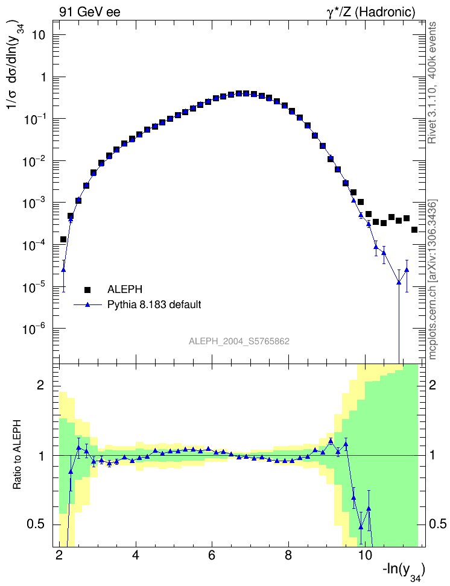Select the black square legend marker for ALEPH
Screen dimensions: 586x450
pos(88,289)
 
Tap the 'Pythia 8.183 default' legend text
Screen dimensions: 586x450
pos(154,304)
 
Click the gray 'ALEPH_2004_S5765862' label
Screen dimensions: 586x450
pos(239,341)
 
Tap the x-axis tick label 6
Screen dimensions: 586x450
pos(212,555)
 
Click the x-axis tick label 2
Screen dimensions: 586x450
pos(59,555)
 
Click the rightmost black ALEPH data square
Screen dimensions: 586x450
pos(414,230)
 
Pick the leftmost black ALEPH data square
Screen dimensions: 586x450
pos(63,239)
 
